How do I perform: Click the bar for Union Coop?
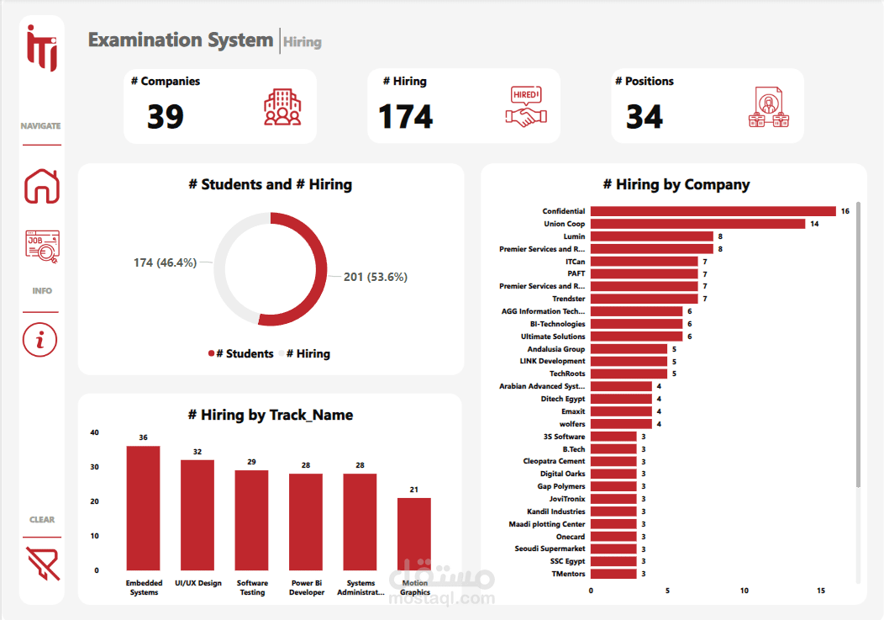point(697,224)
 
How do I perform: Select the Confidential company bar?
point(713,211)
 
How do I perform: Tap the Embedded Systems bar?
point(143,509)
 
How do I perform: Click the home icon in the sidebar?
point(42,186)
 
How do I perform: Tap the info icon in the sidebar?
point(41,340)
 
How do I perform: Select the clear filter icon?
point(42,564)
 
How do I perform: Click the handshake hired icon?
point(526,107)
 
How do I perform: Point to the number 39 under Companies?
point(166,117)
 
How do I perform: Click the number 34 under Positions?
point(645,117)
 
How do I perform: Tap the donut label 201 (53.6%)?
point(375,277)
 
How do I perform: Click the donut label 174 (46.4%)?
point(165,262)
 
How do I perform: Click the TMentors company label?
point(568,574)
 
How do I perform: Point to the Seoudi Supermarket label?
point(550,548)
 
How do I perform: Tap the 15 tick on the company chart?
point(821,591)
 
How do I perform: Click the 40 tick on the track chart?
point(94,433)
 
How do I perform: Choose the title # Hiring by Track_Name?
point(270,415)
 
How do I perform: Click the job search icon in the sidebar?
point(42,248)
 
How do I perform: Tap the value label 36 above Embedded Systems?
point(143,437)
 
